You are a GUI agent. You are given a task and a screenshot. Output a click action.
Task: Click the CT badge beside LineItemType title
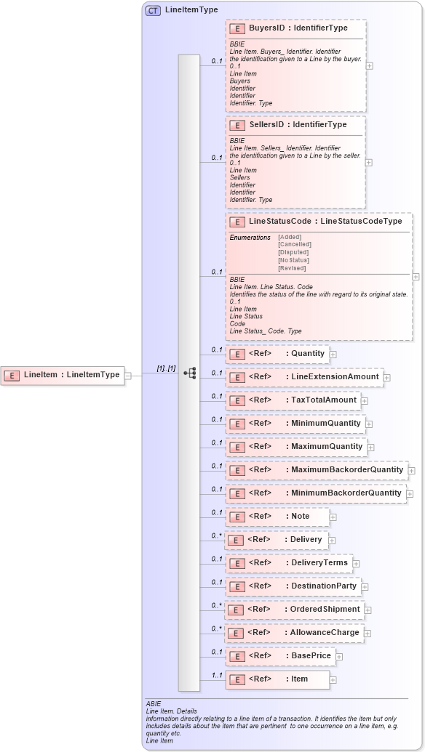pos(153,11)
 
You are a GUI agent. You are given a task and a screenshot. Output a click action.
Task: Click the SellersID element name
pos(266,125)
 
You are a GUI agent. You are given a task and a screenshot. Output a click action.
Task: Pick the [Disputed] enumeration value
pos(293,252)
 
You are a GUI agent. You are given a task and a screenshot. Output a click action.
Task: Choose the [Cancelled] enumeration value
pos(294,244)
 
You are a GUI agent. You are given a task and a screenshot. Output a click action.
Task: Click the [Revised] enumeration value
pos(292,268)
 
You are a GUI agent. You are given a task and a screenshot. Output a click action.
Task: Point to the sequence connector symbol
pos(190,373)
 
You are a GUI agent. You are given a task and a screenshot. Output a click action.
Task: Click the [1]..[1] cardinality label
pos(166,368)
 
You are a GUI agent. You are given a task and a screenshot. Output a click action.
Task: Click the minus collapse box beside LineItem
pos(128,376)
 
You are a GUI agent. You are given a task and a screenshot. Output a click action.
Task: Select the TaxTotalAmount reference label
pos(324,400)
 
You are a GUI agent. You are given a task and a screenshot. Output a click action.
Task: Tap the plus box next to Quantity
pos(333,355)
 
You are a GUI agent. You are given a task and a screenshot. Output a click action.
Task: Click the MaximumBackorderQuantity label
pos(346,469)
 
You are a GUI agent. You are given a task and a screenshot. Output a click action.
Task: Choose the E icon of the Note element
pos(236,517)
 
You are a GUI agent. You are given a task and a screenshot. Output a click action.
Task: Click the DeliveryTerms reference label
pos(319,562)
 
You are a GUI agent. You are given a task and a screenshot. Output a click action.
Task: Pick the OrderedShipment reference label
pos(325,609)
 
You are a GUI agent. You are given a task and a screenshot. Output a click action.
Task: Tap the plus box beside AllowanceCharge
pos(368,633)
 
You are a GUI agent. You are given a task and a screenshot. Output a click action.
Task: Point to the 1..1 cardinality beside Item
pos(216,674)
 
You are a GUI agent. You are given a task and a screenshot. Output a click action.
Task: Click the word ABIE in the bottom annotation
pos(153,704)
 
